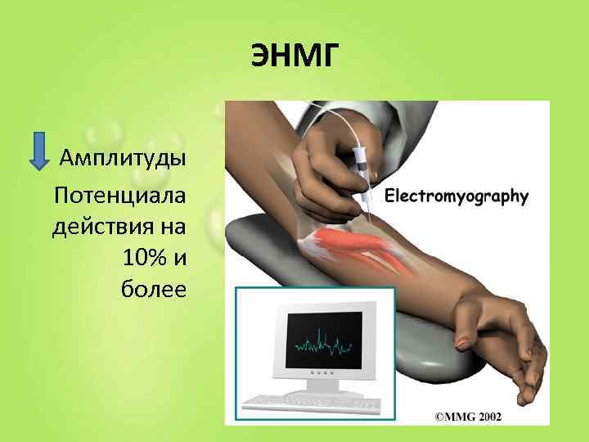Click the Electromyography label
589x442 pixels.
[456, 196]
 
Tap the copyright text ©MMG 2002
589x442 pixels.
[468, 417]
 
